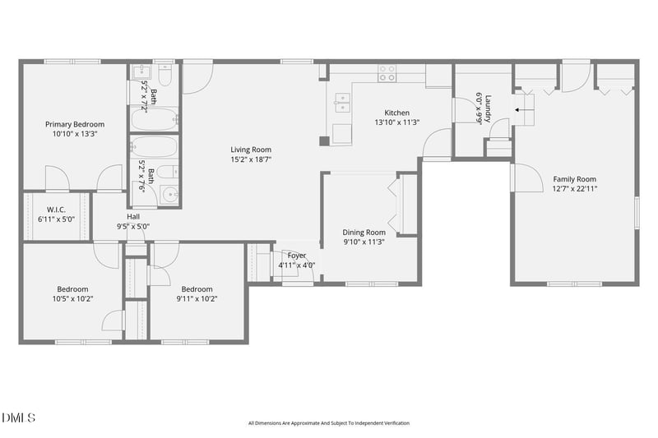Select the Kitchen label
pos(396,113)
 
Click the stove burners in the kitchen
pos(387,73)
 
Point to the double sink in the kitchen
pos(345,103)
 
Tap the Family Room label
pos(574,178)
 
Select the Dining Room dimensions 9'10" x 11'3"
pos(364,242)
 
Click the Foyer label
pos(296,256)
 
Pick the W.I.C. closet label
pos(56,210)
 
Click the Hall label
pos(132,216)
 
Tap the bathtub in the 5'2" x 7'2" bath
pos(155,120)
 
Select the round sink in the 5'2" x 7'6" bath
pos(169,196)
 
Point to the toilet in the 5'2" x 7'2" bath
pos(164,76)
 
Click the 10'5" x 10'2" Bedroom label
pos(72,288)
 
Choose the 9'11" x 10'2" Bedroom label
pos(197,288)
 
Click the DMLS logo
pos(18,418)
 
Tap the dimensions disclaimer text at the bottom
pos(328,423)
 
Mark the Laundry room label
pos(488,108)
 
